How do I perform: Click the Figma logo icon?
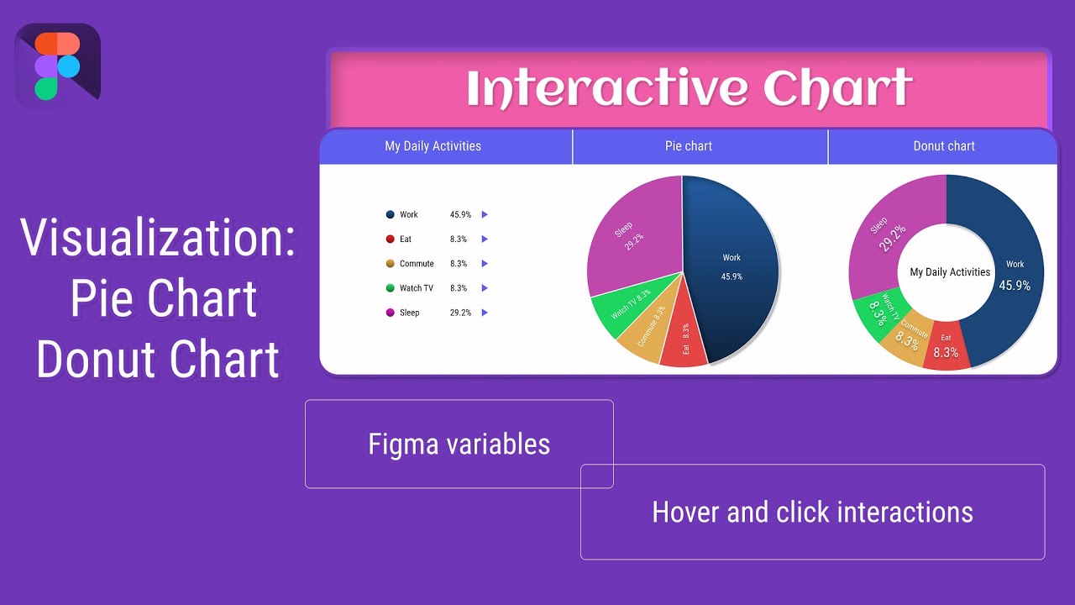tap(57, 66)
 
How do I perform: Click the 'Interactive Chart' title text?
tap(689, 89)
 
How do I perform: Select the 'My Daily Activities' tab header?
tap(433, 146)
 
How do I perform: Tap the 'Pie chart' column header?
tap(688, 146)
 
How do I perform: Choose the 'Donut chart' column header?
tap(943, 146)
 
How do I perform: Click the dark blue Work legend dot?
tap(390, 215)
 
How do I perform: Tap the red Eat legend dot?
tap(390, 239)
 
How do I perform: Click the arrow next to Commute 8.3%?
tap(485, 264)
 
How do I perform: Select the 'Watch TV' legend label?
tap(416, 288)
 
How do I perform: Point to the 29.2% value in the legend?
tap(459, 313)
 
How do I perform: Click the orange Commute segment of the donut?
tap(905, 336)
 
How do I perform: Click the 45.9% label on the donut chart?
tap(1014, 286)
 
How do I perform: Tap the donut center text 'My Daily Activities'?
tap(950, 272)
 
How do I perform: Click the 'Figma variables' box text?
tap(459, 445)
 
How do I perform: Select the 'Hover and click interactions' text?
tap(812, 512)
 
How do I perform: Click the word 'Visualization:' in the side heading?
tap(158, 238)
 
